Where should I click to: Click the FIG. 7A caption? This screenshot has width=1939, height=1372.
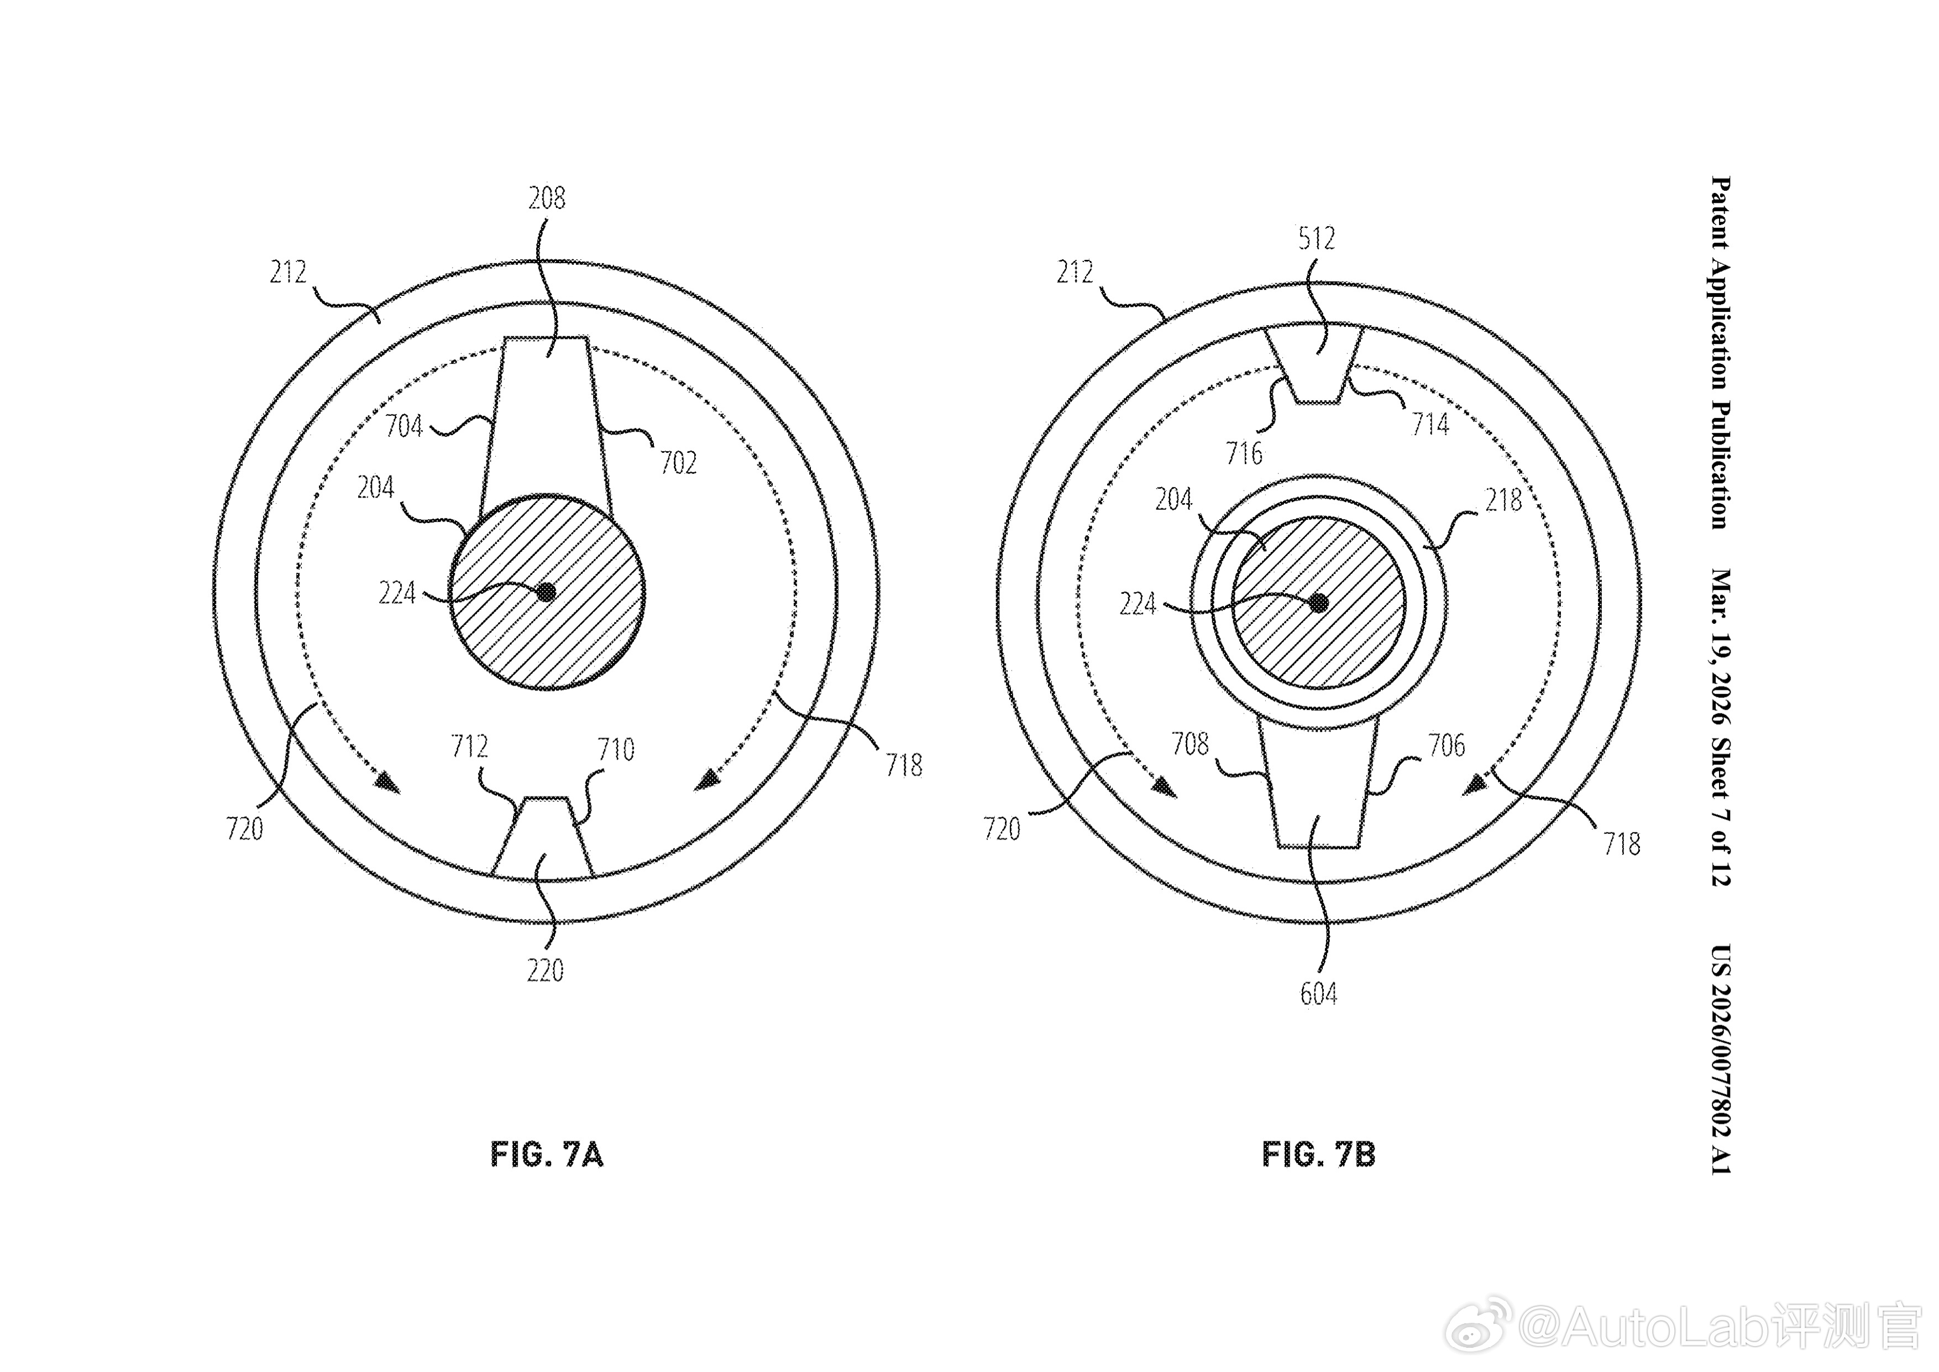pos(547,1154)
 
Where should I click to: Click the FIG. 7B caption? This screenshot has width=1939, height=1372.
pos(1318,1154)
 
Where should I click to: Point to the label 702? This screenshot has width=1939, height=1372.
pos(678,462)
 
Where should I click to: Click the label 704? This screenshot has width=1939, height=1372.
pos(403,426)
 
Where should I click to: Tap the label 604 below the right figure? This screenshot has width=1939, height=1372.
pos(1318,994)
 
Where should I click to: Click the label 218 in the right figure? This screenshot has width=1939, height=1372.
pos(1504,501)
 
